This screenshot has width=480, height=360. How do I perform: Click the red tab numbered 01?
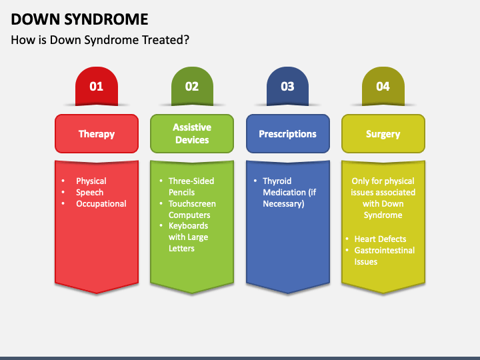97,86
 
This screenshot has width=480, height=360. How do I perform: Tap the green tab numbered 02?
192,86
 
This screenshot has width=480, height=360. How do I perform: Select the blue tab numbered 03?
288,86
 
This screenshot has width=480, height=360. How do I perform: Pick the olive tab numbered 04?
383,86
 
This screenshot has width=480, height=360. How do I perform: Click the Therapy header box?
97,134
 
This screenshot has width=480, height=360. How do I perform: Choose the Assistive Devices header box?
192,134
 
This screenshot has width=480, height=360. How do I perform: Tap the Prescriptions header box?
288,134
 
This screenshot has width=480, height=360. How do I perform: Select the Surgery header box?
383,134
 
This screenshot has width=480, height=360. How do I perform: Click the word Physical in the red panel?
91,181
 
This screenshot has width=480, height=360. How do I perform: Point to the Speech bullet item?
90,193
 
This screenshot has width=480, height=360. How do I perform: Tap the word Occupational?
101,204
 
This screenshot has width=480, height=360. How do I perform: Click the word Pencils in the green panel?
181,192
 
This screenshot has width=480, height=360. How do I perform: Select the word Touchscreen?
192,203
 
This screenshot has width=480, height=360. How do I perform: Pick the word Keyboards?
188,226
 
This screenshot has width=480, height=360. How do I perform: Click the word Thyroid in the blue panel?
277,181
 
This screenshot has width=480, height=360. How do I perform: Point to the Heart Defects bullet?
380,239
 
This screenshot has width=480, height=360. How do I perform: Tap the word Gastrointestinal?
385,250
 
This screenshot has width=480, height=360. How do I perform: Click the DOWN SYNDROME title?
79,19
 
